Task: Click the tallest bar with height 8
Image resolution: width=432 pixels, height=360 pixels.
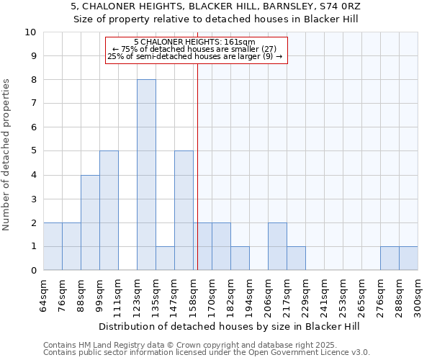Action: (x=146, y=175)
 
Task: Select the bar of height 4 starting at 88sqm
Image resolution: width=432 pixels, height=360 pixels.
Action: (x=90, y=222)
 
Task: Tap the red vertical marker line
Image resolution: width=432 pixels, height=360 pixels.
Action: (x=197, y=166)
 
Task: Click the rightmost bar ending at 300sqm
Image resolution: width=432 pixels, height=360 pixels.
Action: (x=408, y=258)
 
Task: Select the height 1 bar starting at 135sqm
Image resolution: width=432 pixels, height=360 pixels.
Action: (x=165, y=258)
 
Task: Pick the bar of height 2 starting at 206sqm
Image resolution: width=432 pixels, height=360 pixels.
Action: (x=277, y=246)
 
